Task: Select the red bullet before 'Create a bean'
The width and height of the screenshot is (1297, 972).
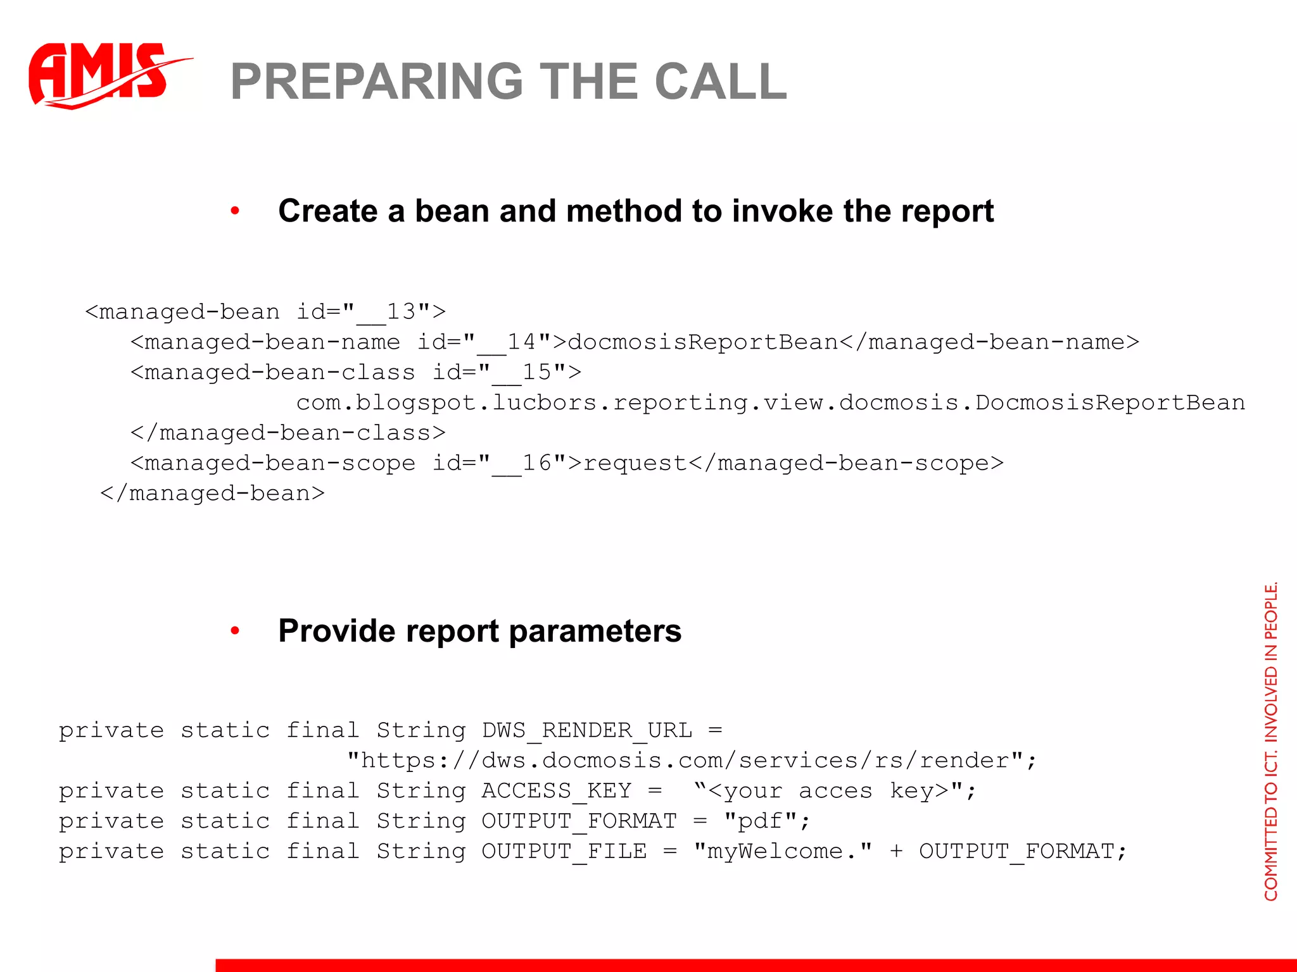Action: click(235, 211)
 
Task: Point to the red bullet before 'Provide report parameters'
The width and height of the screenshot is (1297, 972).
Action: click(235, 631)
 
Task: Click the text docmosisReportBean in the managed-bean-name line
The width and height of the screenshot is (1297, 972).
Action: click(703, 342)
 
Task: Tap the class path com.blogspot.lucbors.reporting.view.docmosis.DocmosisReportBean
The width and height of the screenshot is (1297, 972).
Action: click(770, 403)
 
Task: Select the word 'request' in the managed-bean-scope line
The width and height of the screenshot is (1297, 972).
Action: click(635, 463)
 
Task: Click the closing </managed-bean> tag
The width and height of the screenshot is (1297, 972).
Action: click(212, 494)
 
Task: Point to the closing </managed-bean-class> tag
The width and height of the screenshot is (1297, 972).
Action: click(288, 433)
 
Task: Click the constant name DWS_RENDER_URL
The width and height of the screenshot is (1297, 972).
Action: click(587, 731)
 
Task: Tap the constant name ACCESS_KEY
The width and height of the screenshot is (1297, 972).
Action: click(557, 791)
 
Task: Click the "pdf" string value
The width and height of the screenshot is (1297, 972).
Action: click(761, 821)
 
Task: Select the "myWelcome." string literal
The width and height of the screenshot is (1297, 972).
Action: click(783, 852)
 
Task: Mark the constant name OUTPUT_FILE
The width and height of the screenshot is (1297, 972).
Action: click(564, 852)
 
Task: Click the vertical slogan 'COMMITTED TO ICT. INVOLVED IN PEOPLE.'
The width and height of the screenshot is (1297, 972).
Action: click(1271, 740)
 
